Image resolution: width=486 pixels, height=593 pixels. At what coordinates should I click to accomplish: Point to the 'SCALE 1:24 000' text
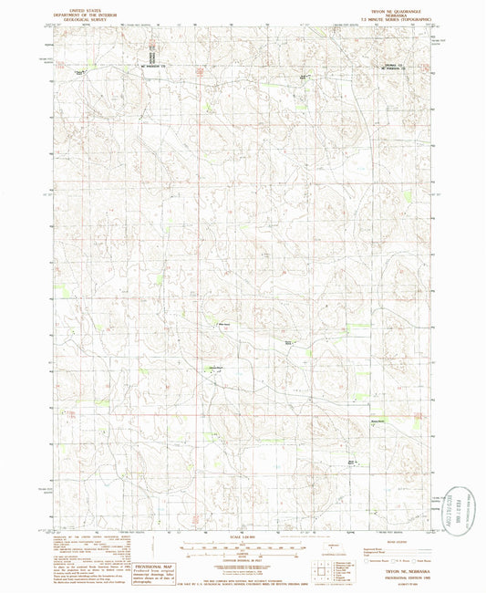click(243, 531)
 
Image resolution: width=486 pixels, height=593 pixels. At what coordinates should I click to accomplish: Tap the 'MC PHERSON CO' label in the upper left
click(155, 66)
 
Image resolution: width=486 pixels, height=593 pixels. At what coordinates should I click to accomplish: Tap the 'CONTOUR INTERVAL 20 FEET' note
click(243, 559)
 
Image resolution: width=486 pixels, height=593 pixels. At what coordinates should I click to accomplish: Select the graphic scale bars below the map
click(243, 546)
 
